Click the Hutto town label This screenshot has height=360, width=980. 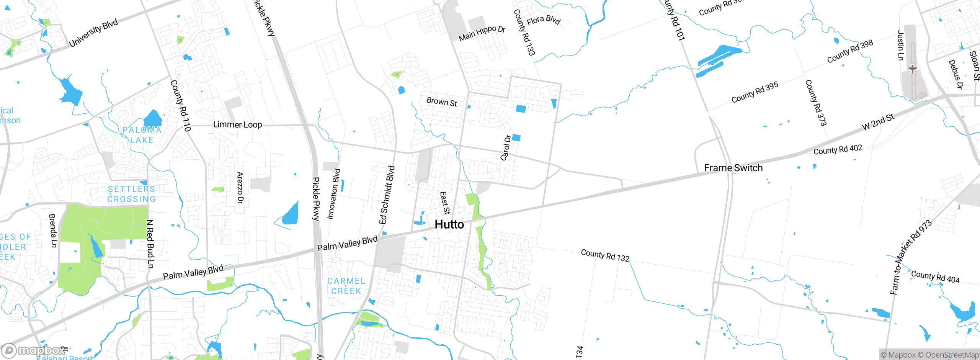pos(449,224)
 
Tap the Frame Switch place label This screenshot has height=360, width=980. pos(733,168)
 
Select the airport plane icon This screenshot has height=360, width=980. pos(913,69)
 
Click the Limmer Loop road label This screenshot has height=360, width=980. pos(237,124)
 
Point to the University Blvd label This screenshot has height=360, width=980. pos(93,33)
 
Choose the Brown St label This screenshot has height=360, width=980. pos(442,102)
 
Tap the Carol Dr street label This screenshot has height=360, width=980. pos(506,147)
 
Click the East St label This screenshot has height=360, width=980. pos(444,203)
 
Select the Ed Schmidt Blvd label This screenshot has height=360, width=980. pos(387,195)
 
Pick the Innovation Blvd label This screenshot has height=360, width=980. pos(333,194)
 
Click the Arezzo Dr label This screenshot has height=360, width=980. pos(240,188)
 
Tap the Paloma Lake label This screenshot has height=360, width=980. pos(142,135)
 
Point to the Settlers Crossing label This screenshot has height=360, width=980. pos(131,194)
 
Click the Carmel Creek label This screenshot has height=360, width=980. pos(346,286)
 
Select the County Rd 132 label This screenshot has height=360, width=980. pos(605,255)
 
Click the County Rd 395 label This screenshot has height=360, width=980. pos(755,92)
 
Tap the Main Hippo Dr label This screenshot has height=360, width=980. pos(482,33)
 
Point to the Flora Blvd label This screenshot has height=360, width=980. pos(544,20)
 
